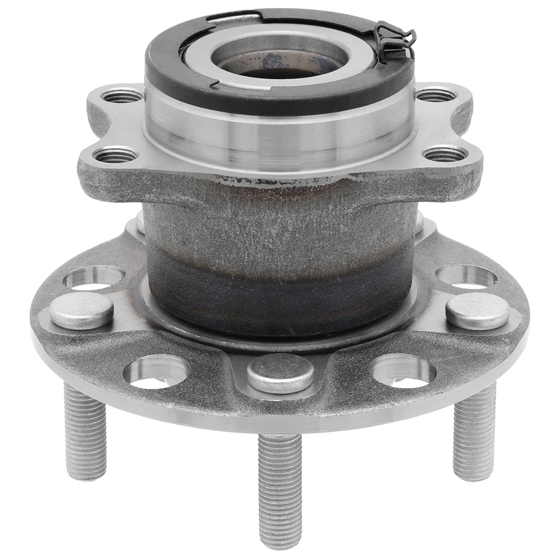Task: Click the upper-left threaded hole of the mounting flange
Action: point(122,96)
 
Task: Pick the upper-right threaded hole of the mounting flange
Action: point(435,95)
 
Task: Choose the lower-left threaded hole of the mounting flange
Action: point(115,155)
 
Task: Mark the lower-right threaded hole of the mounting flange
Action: point(444,153)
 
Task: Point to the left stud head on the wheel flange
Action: point(82,310)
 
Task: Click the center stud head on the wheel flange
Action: point(280,373)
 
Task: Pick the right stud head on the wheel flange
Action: point(477,311)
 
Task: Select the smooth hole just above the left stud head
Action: point(94,278)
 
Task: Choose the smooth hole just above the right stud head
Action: point(466,277)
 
